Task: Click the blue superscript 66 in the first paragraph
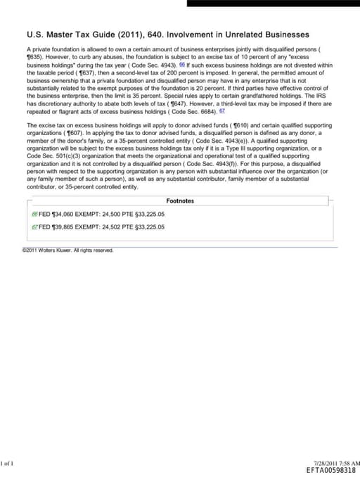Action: (182, 64)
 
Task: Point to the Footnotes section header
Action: (180, 201)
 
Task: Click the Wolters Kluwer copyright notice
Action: (67, 250)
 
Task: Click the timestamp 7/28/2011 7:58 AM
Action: (337, 462)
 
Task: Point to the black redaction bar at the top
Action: (274, 3)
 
